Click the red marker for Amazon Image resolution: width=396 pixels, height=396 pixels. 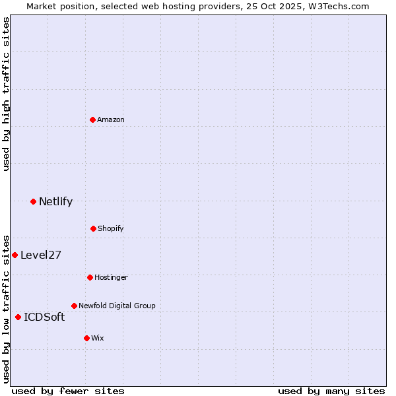[x=93, y=119]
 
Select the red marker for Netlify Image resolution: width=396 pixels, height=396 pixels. [x=33, y=201]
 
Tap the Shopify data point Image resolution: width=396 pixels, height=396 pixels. [x=93, y=228]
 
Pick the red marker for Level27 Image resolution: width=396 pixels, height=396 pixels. [x=15, y=255]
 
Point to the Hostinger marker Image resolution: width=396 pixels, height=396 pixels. [x=90, y=277]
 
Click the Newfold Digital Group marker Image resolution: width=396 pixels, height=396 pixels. [x=74, y=306]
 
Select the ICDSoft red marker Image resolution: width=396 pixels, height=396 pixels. [x=18, y=317]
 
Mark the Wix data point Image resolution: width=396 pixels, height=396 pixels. [x=86, y=338]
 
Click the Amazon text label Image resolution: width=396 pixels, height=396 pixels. [x=111, y=119]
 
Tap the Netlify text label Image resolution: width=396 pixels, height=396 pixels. [x=55, y=202]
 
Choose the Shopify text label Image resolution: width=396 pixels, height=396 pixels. [x=111, y=228]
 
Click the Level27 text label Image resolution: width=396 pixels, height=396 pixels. [x=41, y=255]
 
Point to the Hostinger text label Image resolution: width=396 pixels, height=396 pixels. [x=111, y=277]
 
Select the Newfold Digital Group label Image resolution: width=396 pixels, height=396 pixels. [x=117, y=306]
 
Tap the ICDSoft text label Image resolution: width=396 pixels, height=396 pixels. [x=44, y=317]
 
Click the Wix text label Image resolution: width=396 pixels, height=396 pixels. [x=98, y=338]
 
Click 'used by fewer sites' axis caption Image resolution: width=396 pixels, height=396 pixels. [x=68, y=391]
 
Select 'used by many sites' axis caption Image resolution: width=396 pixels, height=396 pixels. [x=331, y=391]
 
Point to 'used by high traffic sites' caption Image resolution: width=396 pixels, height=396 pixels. [x=6, y=94]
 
